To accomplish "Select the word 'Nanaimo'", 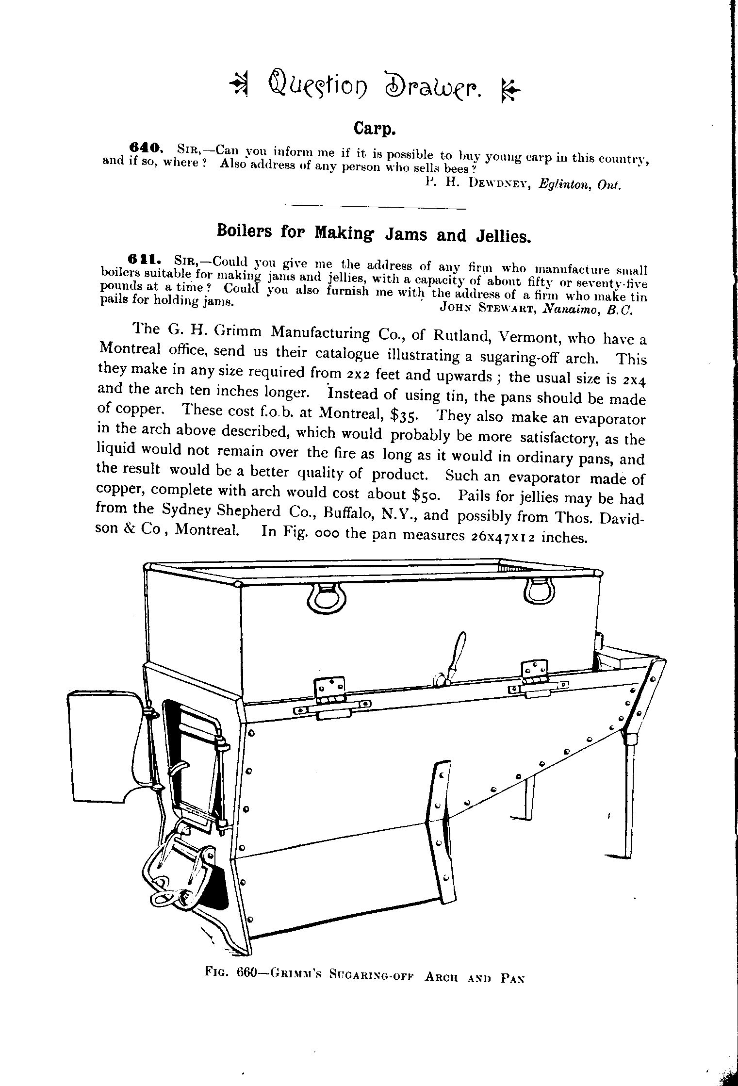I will (x=572, y=310).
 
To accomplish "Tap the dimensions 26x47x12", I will (x=502, y=537).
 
